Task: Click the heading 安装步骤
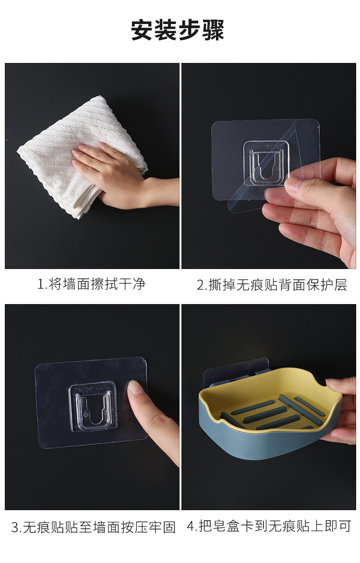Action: click(178, 30)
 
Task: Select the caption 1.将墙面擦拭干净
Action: click(92, 283)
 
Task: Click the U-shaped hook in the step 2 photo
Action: click(266, 163)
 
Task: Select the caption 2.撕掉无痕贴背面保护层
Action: click(272, 285)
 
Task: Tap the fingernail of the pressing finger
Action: click(135, 387)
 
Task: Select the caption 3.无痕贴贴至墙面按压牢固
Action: click(93, 527)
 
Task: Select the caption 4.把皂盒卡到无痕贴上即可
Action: click(269, 526)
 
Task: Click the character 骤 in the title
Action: click(213, 30)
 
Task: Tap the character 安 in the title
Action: click(142, 30)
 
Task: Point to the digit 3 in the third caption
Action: click(15, 527)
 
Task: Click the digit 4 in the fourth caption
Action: click(191, 526)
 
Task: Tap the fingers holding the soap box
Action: click(341, 409)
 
